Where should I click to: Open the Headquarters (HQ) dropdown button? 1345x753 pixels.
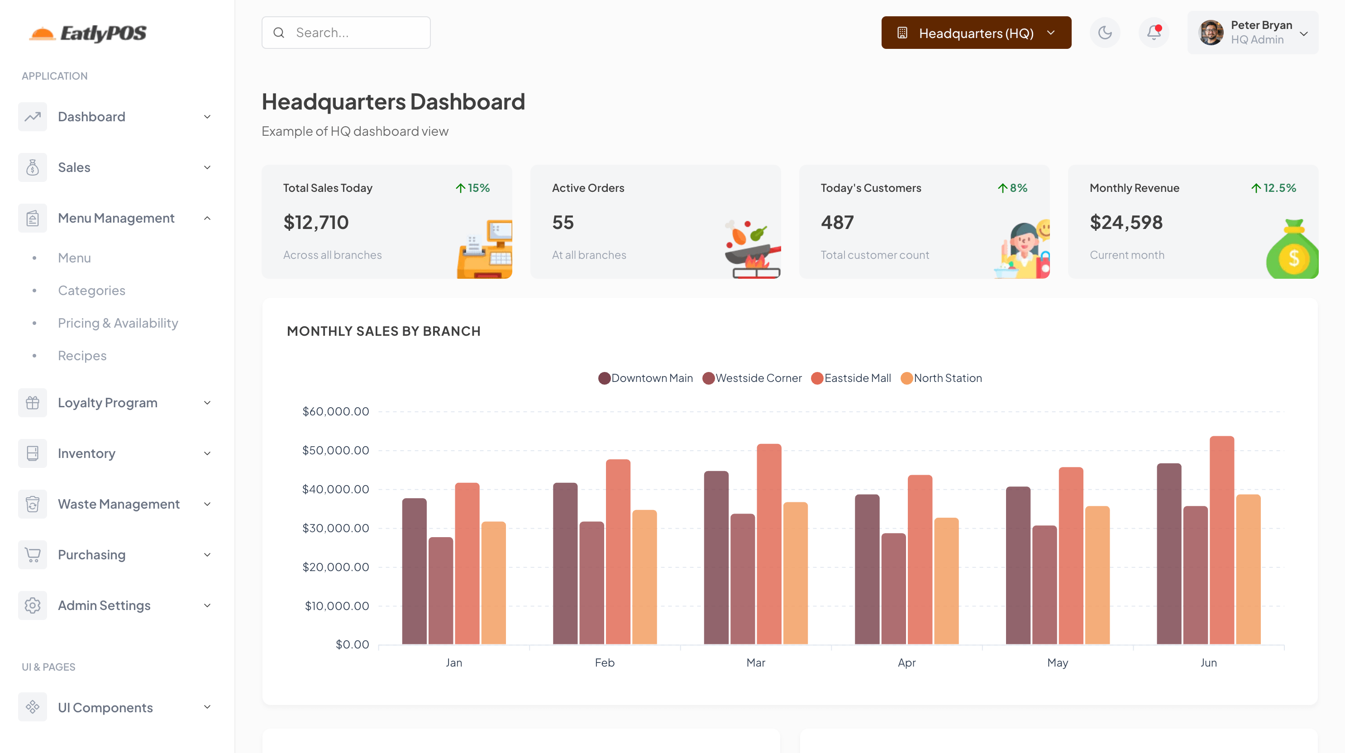click(x=975, y=33)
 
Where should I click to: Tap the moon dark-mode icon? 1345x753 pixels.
click(x=1104, y=33)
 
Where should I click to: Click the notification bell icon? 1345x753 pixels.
click(x=1154, y=33)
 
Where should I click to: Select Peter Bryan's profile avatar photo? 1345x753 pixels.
click(x=1210, y=33)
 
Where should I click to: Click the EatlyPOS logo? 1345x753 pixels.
click(x=88, y=33)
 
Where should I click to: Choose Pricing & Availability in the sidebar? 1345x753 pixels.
click(x=118, y=323)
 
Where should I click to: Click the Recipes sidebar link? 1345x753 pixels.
click(x=82, y=356)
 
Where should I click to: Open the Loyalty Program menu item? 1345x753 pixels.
click(x=107, y=403)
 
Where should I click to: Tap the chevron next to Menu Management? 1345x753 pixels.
click(x=207, y=218)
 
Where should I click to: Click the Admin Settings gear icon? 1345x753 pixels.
click(x=33, y=605)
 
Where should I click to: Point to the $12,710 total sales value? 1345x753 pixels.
click(x=315, y=223)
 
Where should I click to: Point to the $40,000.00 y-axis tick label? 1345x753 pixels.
click(x=335, y=489)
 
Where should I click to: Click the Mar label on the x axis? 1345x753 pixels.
click(x=755, y=662)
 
